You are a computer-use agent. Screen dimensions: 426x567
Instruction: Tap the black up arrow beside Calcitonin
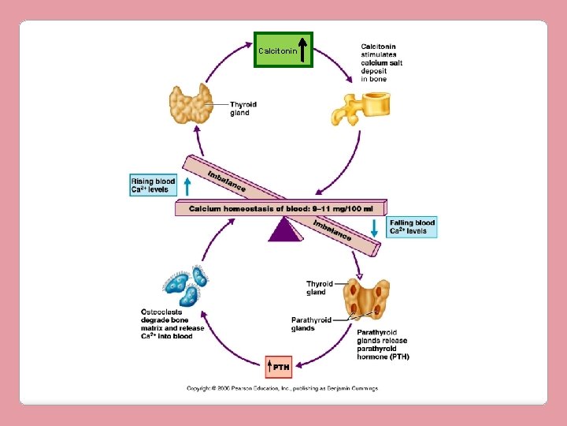coord(304,49)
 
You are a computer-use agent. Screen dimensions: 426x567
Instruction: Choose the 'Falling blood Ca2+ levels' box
coord(412,227)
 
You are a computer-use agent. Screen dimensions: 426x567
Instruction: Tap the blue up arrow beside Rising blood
coord(187,186)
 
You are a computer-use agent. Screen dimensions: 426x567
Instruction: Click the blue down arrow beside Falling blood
coord(375,227)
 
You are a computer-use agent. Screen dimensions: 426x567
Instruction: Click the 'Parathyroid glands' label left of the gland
coord(311,323)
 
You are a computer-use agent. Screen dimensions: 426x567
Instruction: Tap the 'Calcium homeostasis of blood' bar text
coord(285,209)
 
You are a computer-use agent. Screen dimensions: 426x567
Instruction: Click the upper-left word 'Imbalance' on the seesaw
coord(227,181)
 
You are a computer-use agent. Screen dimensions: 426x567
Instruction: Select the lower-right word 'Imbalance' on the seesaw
coord(332,230)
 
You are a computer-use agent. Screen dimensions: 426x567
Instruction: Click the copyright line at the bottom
coord(282,388)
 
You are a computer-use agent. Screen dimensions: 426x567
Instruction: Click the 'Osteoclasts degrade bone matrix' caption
coord(172,323)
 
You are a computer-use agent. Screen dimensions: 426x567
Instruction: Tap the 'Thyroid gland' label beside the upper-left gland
coord(243,109)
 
